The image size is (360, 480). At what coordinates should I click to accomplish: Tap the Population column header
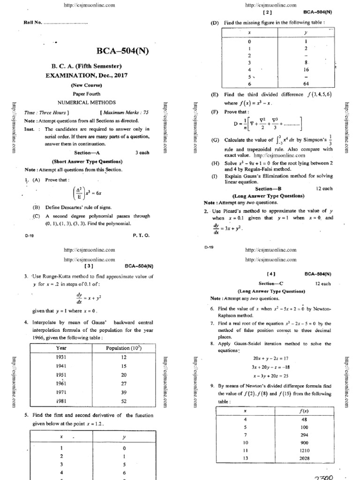[x=124, y=348]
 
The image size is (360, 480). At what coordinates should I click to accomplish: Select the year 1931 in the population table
[x=61, y=357]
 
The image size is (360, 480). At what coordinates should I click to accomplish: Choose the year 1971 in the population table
[x=61, y=392]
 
